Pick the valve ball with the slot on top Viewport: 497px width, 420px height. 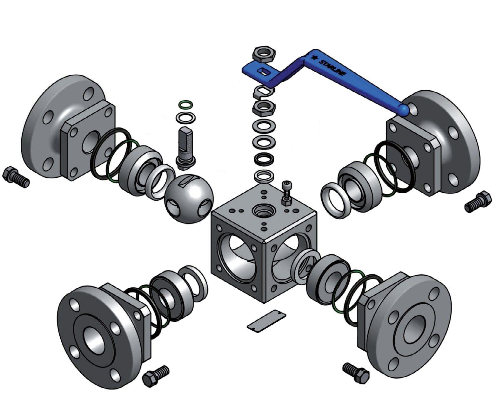click(189, 199)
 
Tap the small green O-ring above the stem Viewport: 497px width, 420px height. click(185, 104)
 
